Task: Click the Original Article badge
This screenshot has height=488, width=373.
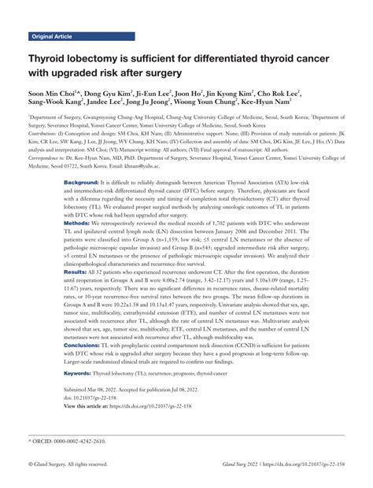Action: (x=54, y=36)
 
